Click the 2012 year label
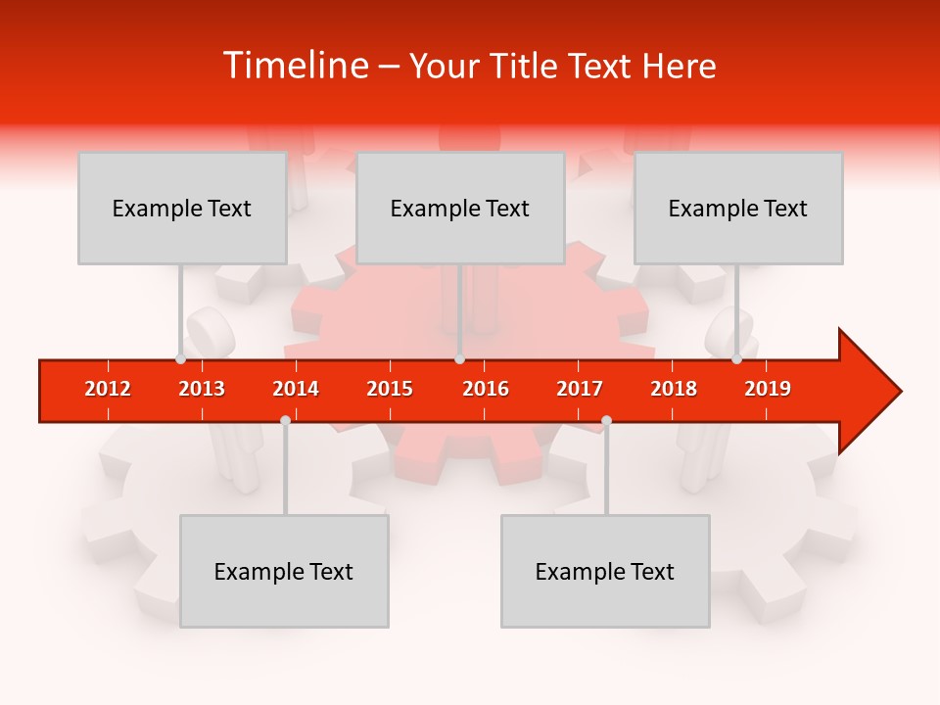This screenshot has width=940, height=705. pos(108,389)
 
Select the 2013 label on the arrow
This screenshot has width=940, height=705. pos(202,389)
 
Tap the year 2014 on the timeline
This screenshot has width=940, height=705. pos(296,389)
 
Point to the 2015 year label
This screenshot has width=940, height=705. pos(390,389)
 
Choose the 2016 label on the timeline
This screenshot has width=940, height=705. pos(486,389)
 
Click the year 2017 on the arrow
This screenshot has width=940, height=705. pos(580,389)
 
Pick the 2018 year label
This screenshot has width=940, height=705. pos(674,389)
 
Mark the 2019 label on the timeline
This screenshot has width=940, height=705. pos(768,389)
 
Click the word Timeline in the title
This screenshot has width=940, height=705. pos(294,66)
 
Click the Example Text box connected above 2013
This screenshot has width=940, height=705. pos(182,208)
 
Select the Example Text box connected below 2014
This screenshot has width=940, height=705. pos(284,571)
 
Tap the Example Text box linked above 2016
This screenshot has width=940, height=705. pos(460,208)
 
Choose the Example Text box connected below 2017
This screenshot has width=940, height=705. pos(605,571)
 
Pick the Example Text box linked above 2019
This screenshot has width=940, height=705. pos(738,208)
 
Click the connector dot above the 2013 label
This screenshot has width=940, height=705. pos(181,359)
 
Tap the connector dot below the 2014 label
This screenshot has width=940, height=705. pos(285,420)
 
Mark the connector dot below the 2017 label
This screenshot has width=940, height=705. pos(606,420)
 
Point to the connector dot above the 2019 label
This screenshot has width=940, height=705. pos(737,359)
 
